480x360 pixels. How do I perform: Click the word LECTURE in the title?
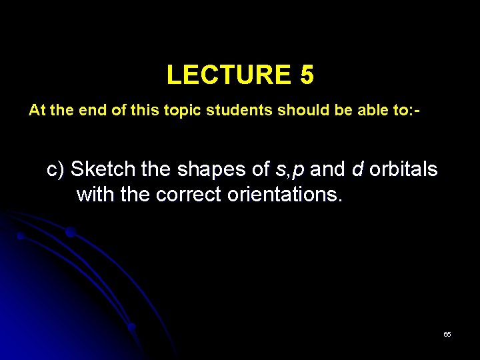coord(225,75)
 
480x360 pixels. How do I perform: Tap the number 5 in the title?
coord(306,75)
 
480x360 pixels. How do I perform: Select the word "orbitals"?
coord(403,170)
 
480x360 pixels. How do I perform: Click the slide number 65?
coord(447,334)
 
